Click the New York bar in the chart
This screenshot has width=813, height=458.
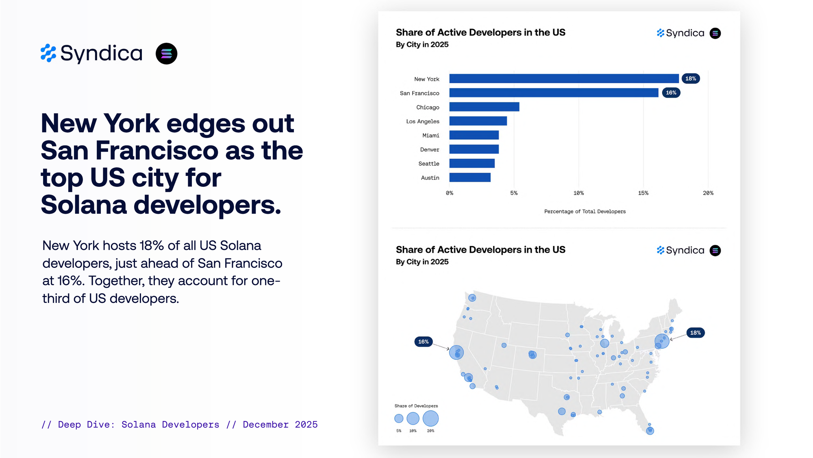[x=564, y=79]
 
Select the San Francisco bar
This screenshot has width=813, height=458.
[x=554, y=93]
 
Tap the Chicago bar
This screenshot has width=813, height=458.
[x=484, y=107]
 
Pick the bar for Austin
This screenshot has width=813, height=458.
[x=470, y=178]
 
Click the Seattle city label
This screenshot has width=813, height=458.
[x=429, y=164]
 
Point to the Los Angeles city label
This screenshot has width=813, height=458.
[x=423, y=121]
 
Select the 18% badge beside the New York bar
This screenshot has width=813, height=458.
[x=691, y=79]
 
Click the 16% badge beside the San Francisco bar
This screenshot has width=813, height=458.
[x=671, y=93]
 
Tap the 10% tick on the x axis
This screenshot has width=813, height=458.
[x=578, y=193]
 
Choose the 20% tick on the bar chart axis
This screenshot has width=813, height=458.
[x=708, y=193]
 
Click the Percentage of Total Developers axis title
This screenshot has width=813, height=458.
[x=585, y=211]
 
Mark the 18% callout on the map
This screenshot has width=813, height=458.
[x=696, y=333]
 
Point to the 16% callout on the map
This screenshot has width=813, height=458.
[x=424, y=342]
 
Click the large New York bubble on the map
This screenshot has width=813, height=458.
[x=662, y=341]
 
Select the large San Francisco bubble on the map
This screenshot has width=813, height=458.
[x=456, y=352]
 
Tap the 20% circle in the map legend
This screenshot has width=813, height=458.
[x=430, y=418]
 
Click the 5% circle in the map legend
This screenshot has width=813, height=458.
[x=399, y=419]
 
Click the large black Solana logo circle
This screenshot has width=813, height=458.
[x=167, y=54]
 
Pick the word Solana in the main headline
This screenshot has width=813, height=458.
[x=84, y=205]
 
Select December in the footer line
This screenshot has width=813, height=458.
[x=265, y=425]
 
